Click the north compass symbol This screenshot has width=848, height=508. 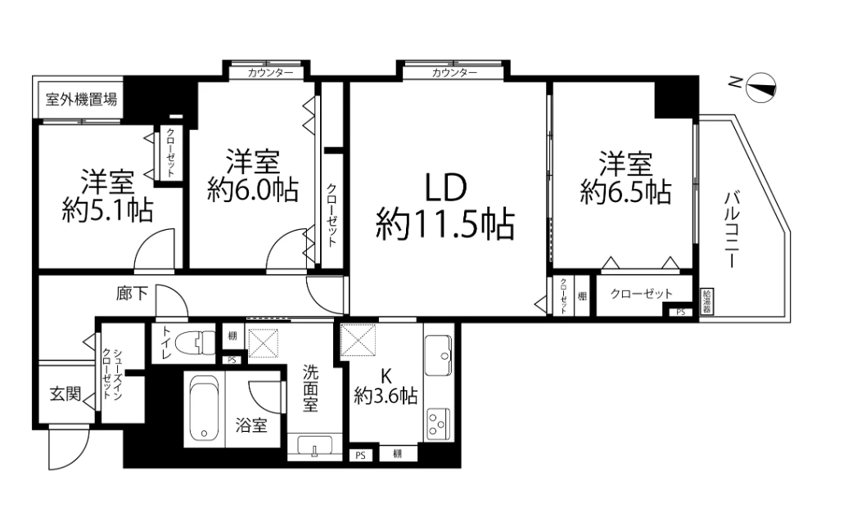[x=761, y=88]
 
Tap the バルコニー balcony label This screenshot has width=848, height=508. [x=732, y=229]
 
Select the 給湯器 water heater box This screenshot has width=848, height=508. [x=707, y=302]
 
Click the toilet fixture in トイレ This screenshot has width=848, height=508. [x=194, y=343]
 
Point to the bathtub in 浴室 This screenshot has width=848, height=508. [x=205, y=408]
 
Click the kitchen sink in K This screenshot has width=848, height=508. [x=438, y=355]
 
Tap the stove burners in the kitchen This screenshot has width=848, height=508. [x=438, y=424]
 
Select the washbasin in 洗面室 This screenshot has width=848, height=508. [x=315, y=447]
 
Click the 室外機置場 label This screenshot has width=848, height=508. [x=81, y=100]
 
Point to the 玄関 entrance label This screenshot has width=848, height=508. [x=65, y=394]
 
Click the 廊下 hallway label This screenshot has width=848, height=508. [x=132, y=294]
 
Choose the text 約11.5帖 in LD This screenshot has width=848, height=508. [x=444, y=224]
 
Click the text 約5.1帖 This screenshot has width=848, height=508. [x=107, y=210]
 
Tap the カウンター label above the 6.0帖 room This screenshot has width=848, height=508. [x=270, y=73]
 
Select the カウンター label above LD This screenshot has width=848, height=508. [x=454, y=73]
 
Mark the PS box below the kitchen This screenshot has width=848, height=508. [x=360, y=456]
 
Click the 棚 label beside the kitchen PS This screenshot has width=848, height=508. [x=398, y=454]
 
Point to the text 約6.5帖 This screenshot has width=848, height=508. [x=625, y=192]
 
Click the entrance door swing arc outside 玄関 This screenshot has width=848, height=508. [x=75, y=454]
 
